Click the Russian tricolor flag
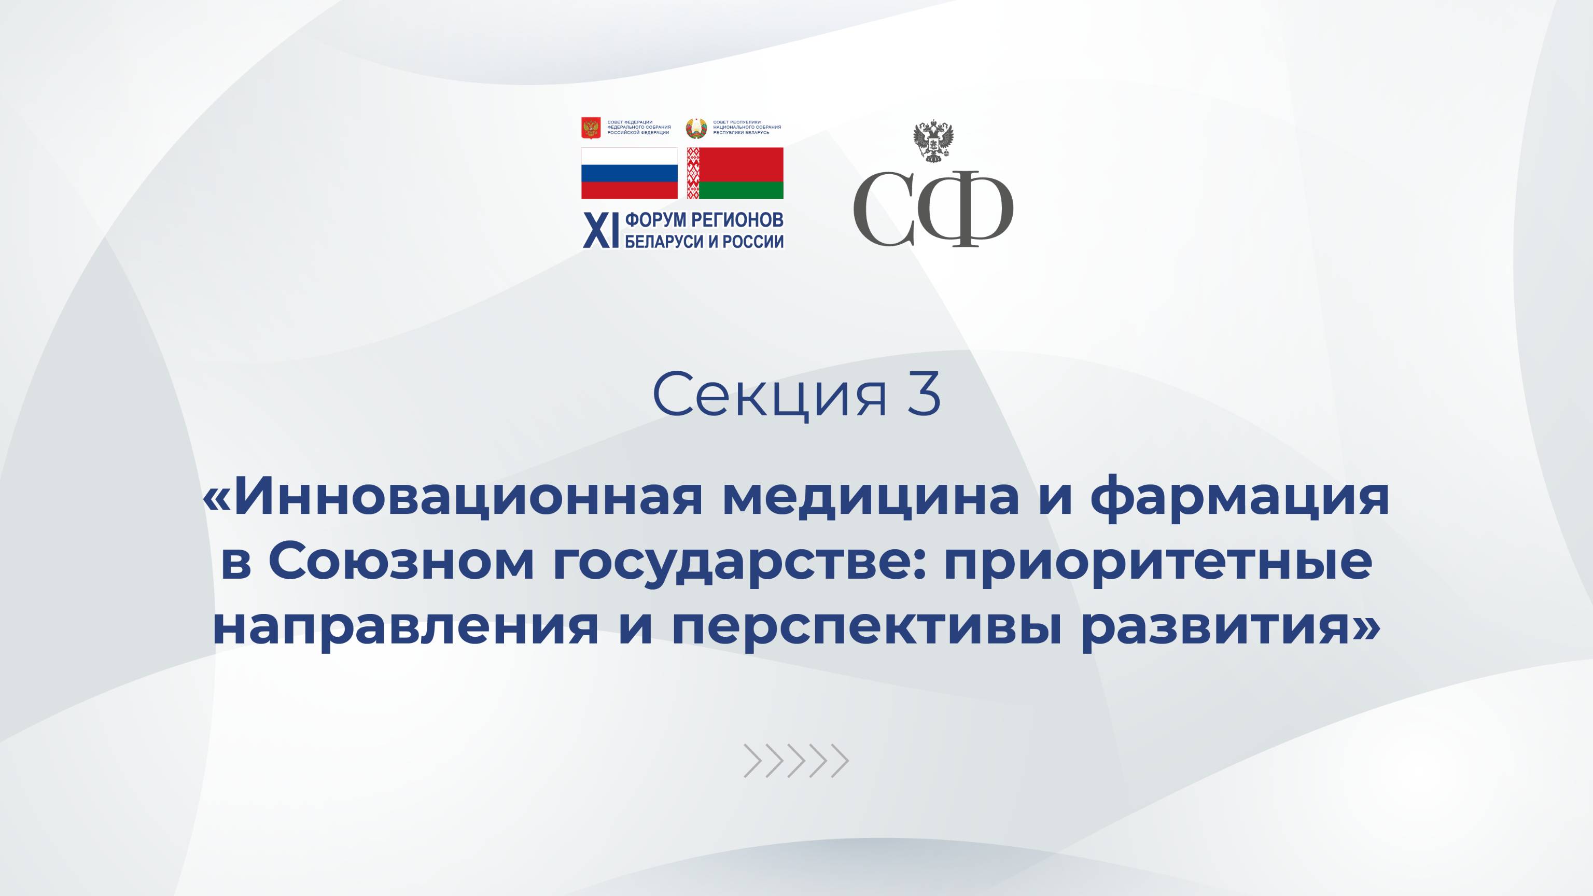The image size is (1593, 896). [x=629, y=173]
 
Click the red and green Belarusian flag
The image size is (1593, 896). [x=735, y=173]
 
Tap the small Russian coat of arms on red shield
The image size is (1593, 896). [x=591, y=128]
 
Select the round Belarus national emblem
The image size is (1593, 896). [x=696, y=128]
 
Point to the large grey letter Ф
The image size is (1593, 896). [x=966, y=209]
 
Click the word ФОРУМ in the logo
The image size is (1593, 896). [x=655, y=220]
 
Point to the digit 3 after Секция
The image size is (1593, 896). [x=925, y=393]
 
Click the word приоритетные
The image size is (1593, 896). [x=1157, y=563]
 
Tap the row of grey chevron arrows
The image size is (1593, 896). [x=796, y=761]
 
